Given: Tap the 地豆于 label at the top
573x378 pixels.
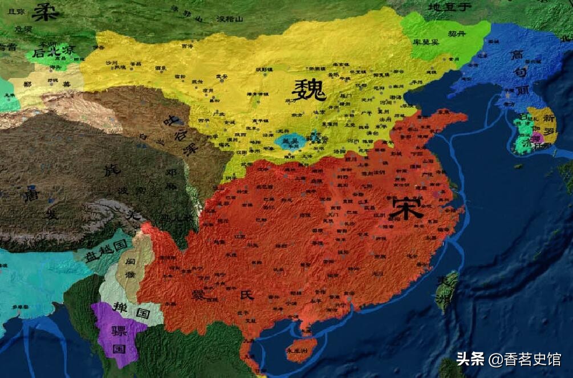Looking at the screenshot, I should (x=450, y=7).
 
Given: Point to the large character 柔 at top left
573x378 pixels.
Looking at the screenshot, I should (x=46, y=11).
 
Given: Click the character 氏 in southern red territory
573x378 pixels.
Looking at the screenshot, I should (x=247, y=295).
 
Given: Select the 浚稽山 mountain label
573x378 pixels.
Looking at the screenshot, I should (x=230, y=19).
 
